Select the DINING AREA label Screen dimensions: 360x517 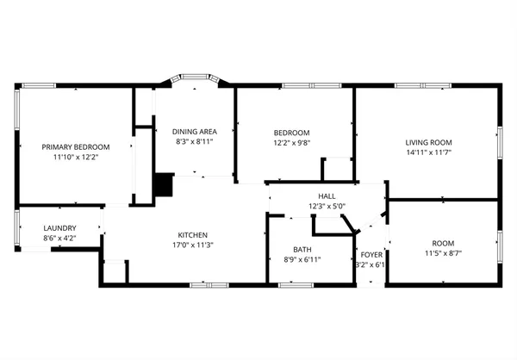click(x=194, y=130)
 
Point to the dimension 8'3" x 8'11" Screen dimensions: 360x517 click(x=194, y=140)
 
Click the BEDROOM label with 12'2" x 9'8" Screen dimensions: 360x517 click(x=291, y=132)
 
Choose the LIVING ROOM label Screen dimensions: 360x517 click(x=429, y=141)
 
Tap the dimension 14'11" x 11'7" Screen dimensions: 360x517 click(x=429, y=152)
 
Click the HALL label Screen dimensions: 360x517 click(x=327, y=196)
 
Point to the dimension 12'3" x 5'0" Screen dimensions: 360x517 click(x=327, y=207)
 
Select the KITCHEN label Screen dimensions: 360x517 click(x=192, y=234)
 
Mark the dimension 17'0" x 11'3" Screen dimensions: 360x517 click(x=192, y=245)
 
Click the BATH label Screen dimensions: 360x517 click(x=302, y=249)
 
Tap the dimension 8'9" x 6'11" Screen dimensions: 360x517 click(x=302, y=259)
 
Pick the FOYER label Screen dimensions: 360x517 click(x=371, y=254)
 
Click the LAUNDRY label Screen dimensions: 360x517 click(x=59, y=227)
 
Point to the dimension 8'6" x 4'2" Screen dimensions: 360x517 click(x=59, y=238)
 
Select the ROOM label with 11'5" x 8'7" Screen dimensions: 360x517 click(x=443, y=244)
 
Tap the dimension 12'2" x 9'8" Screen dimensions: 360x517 click(x=291, y=142)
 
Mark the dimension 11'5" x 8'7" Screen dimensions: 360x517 click(x=443, y=254)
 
